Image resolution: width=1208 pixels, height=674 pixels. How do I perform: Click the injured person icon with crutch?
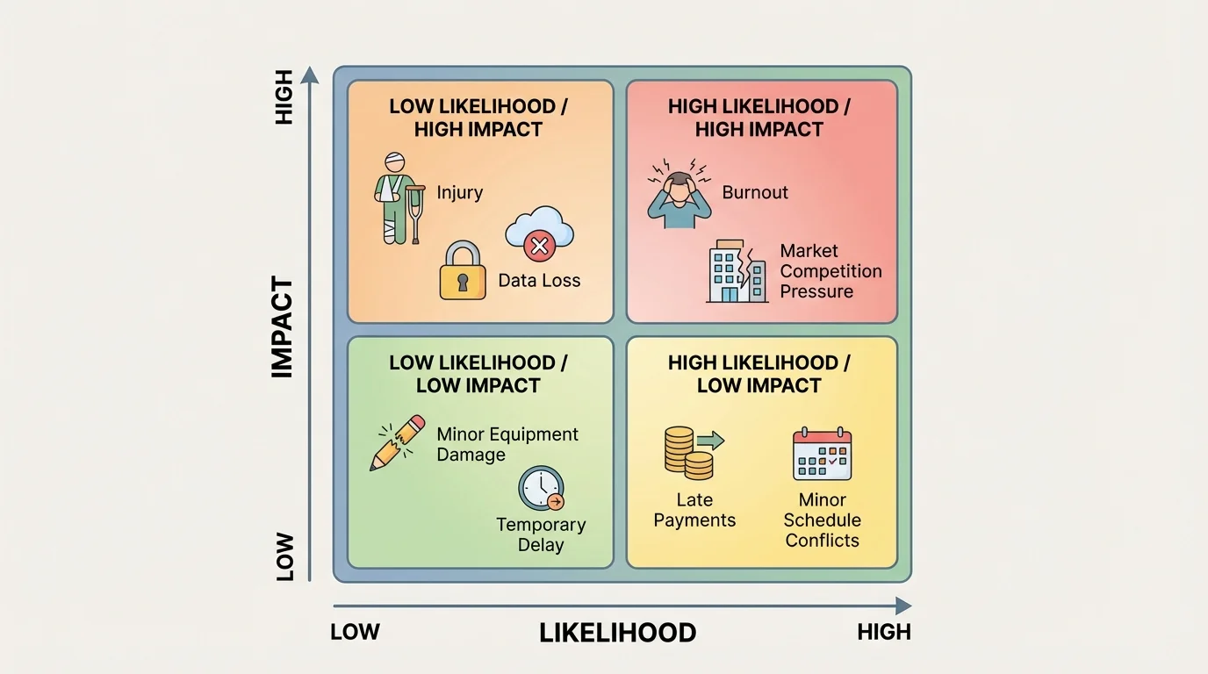click(397, 197)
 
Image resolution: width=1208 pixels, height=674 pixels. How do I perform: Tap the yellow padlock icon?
click(462, 271)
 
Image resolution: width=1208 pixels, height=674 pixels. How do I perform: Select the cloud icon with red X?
click(539, 233)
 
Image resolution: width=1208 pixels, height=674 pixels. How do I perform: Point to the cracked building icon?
click(737, 271)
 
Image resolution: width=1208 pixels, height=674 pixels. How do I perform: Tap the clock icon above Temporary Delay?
click(541, 489)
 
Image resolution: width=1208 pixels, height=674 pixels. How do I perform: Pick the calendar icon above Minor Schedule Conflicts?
click(822, 454)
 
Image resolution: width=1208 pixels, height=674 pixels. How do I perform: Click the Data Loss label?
click(539, 281)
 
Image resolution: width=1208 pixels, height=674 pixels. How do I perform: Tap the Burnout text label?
click(755, 192)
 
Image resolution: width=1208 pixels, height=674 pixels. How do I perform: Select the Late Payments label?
click(694, 510)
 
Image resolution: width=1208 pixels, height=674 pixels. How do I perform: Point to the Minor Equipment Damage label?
click(507, 444)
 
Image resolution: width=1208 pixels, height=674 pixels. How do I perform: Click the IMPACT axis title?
click(282, 327)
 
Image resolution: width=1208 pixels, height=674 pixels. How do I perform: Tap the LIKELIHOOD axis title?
click(617, 633)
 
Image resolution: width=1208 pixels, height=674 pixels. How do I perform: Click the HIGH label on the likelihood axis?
click(884, 632)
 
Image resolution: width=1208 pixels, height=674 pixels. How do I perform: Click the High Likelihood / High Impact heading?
click(759, 118)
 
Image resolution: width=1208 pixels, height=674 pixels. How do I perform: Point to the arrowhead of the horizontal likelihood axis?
click(903, 606)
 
